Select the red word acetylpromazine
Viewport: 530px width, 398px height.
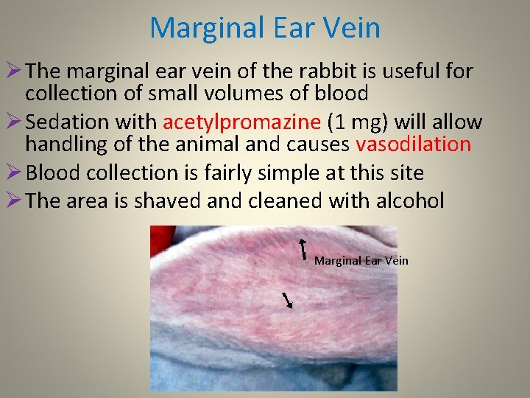pyautogui.click(x=242, y=122)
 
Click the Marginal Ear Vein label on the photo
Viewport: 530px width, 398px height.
pyautogui.click(x=361, y=260)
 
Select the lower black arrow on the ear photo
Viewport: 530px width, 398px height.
pyautogui.click(x=289, y=299)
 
